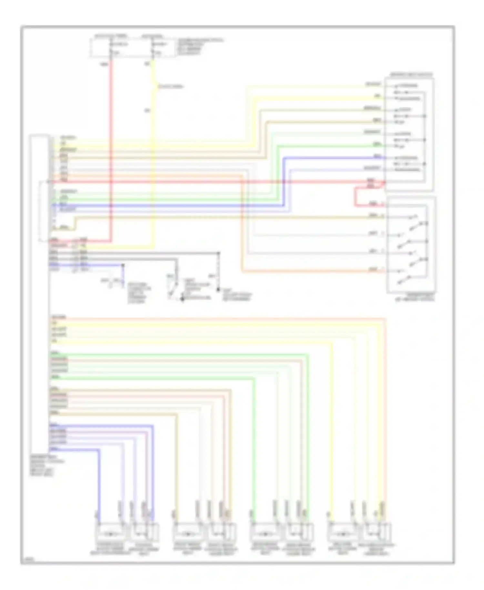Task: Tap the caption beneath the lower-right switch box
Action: [415, 297]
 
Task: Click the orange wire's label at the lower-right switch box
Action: [373, 269]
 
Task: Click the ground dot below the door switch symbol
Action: [182, 299]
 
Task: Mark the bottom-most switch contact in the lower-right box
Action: [403, 280]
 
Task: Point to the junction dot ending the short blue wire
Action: [123, 265]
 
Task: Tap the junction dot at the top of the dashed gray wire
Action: [219, 253]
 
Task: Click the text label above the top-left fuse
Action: [111, 36]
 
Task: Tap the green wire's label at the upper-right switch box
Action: [376, 144]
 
